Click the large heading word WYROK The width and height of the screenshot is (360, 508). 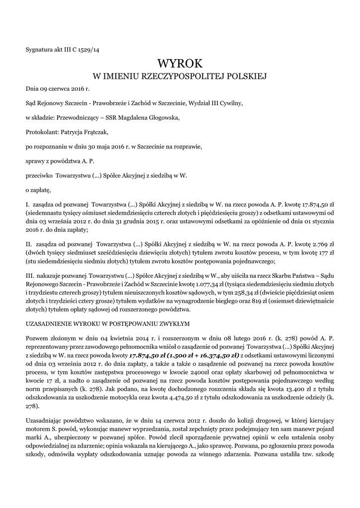(x=180, y=63)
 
